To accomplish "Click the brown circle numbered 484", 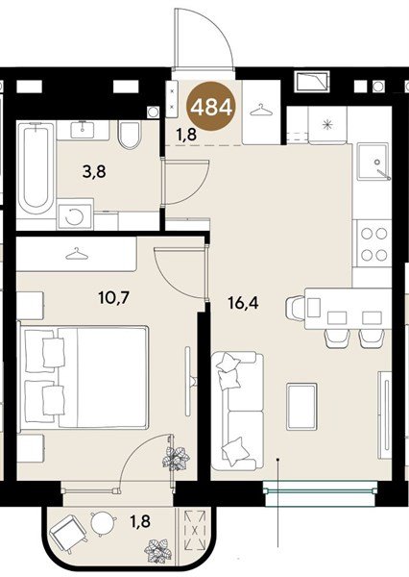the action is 211,107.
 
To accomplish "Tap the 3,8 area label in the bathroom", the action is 94,171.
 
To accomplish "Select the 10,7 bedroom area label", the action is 113,297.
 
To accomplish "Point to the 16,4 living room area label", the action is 243,303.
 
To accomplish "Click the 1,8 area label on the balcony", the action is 140,521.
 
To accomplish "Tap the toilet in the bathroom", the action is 130,135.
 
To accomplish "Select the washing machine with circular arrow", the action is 75,216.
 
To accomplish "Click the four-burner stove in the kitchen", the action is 374,243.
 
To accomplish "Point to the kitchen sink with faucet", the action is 373,162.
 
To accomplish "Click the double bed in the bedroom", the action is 85,376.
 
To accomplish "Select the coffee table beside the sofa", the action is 301,406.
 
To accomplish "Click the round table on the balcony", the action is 102,523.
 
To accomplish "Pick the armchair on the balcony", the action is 68,531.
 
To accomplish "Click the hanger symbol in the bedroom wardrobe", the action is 77,254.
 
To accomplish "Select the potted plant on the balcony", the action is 158,551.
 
